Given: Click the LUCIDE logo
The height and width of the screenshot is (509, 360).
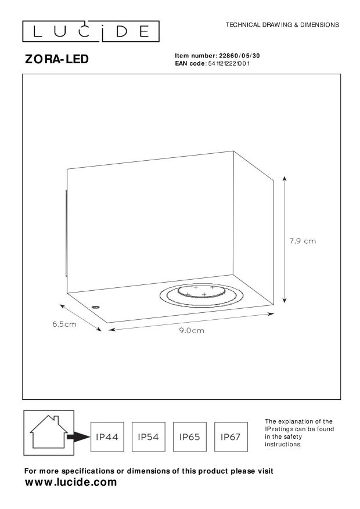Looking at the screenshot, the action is tap(91, 31).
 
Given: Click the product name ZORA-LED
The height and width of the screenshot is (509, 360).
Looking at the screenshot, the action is tap(57, 59).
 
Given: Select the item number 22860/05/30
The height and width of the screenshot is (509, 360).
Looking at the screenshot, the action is tap(240, 56).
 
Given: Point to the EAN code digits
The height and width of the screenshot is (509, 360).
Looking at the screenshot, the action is tap(229, 63).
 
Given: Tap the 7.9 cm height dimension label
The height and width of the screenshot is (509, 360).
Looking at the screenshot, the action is tap(303, 241).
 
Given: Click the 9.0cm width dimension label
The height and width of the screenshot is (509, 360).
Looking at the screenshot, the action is tap(192, 330).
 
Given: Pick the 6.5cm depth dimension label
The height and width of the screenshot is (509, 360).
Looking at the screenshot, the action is tap(64, 324).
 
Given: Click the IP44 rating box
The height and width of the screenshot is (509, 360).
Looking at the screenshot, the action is tap(107, 437).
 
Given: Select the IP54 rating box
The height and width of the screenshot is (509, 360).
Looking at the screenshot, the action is tap(148, 437).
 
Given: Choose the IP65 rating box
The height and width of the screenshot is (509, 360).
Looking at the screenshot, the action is tap(189, 437).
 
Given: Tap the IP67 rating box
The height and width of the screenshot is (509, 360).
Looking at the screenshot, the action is tap(231, 437).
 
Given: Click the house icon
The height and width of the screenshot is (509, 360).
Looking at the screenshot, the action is tap(49, 432).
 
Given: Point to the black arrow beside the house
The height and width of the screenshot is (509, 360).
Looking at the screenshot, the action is tap(78, 437).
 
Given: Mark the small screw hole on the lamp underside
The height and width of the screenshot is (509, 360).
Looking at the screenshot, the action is tap(95, 306).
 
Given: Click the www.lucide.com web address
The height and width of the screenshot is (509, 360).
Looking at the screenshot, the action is tap(71, 482).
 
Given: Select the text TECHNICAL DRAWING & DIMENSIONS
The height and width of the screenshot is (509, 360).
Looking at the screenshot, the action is tap(282, 25).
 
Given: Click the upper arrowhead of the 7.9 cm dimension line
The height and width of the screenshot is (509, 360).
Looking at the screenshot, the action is tap(285, 179).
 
